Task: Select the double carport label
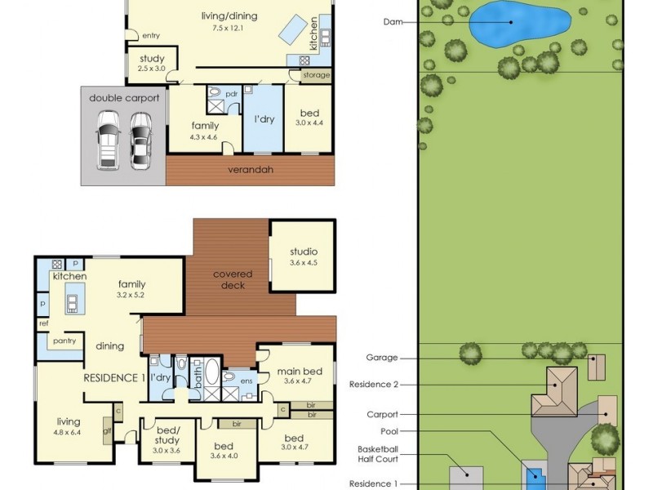[124, 97]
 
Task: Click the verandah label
[251, 170]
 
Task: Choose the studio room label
[303, 252]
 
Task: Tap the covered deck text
[233, 280]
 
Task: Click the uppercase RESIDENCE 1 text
[114, 378]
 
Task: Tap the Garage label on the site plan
[382, 358]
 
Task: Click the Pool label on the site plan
[389, 430]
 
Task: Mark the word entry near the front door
[151, 36]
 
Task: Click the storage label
[316, 75]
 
